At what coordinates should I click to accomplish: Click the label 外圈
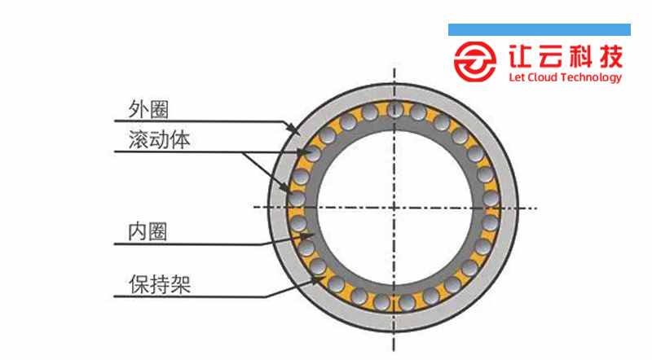(x=148, y=109)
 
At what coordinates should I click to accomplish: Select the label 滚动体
(x=159, y=139)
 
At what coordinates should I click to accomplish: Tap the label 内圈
(x=148, y=231)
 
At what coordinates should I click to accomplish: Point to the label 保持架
(x=160, y=284)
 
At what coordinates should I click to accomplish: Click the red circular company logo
(x=474, y=61)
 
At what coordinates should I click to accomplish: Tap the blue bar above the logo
(x=540, y=29)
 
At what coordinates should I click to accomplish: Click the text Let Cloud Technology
(x=565, y=77)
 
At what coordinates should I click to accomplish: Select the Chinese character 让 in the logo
(x=520, y=56)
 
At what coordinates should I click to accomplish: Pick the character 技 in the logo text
(x=610, y=56)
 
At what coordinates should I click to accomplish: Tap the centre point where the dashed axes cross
(x=394, y=208)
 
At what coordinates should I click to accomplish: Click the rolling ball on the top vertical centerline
(x=394, y=109)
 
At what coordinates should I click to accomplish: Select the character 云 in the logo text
(x=550, y=56)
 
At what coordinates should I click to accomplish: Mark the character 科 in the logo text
(x=580, y=56)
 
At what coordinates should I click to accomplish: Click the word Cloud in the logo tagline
(x=542, y=77)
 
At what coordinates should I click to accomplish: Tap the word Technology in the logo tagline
(x=592, y=78)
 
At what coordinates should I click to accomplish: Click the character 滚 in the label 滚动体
(x=139, y=139)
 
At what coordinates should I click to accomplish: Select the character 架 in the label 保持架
(x=181, y=284)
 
